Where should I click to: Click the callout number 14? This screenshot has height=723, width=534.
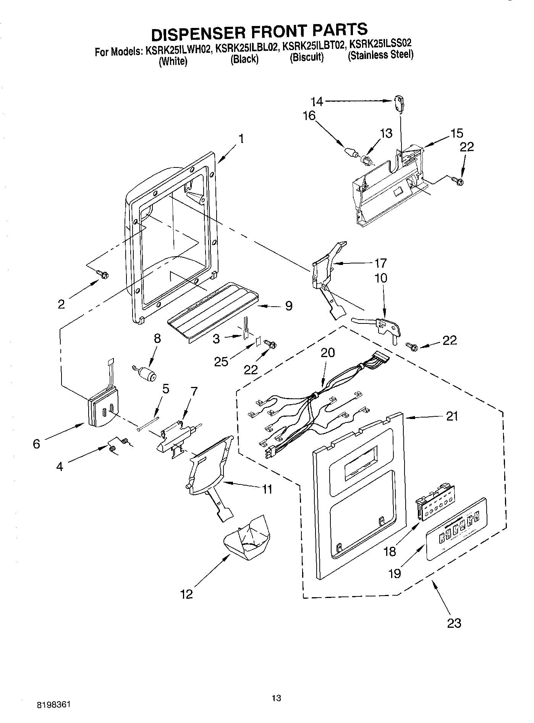coord(317,101)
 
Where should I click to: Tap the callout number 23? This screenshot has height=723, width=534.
coord(454,623)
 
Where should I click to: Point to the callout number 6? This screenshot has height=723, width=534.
coord(36,444)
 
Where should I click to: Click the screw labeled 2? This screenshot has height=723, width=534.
coord(103,274)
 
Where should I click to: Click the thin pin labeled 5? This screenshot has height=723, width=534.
coord(148,424)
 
